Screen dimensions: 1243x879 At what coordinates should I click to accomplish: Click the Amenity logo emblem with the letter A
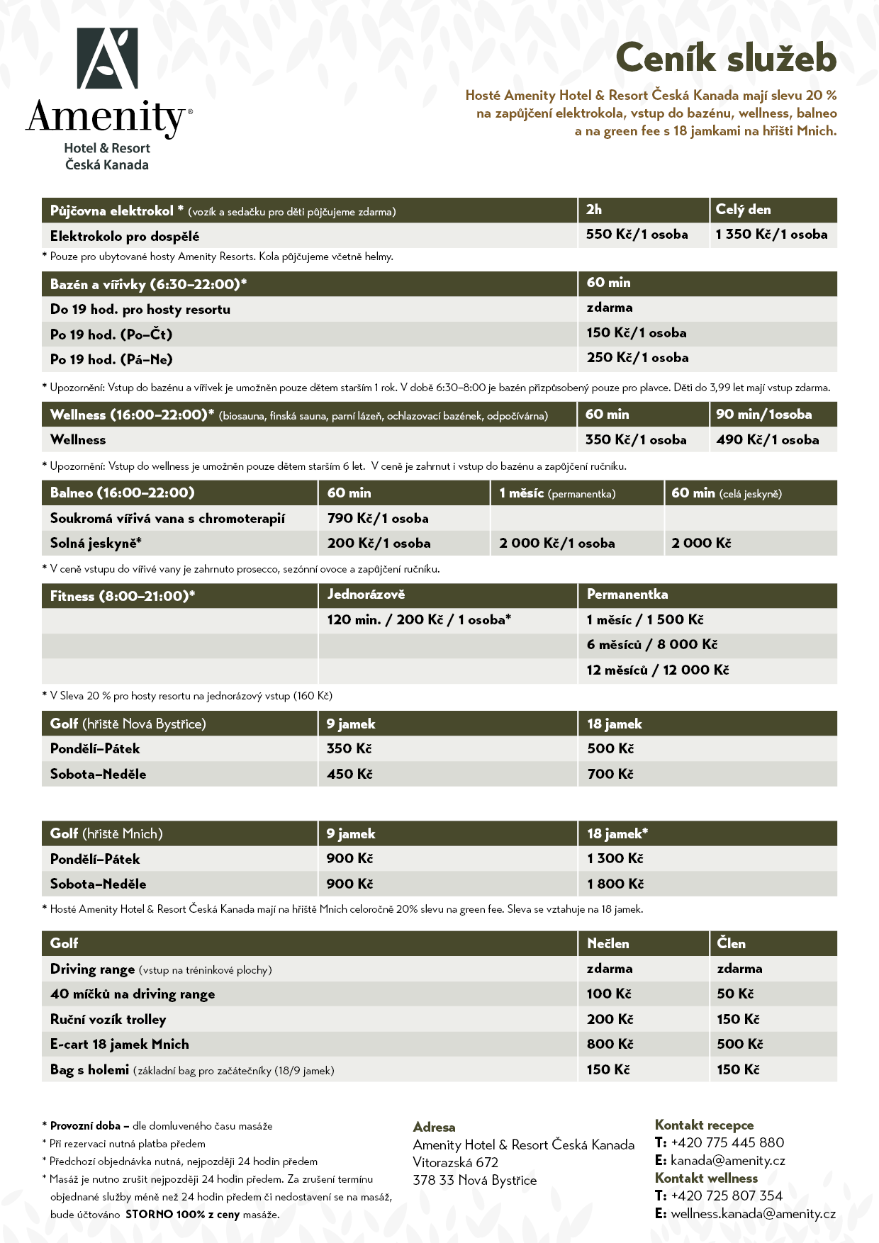(107, 58)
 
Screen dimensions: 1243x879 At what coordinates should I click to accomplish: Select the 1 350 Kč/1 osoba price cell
(771, 235)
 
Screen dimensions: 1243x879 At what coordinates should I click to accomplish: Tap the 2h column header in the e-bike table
(594, 210)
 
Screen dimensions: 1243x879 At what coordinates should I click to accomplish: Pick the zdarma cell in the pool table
(610, 308)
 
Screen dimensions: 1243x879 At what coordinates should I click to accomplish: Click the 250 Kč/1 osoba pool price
(637, 358)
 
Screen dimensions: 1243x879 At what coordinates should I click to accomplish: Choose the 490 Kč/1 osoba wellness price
(767, 440)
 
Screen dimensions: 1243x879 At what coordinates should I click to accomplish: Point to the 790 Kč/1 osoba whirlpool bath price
(378, 519)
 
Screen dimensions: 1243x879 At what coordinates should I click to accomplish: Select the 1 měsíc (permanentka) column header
(557, 493)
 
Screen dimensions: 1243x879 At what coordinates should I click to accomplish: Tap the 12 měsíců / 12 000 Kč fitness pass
(657, 670)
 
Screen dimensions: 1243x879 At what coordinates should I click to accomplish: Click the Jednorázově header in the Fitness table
(366, 595)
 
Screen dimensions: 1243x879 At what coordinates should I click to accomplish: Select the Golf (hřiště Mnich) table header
(106, 834)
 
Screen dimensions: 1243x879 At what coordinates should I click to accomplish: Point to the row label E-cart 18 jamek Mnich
(119, 1045)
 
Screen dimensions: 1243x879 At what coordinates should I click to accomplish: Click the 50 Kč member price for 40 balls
(735, 994)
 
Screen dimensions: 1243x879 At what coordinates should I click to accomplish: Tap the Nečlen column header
(608, 944)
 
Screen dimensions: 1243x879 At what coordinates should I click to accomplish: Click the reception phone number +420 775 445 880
(727, 1143)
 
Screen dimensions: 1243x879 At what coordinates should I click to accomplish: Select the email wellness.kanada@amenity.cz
(753, 1214)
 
